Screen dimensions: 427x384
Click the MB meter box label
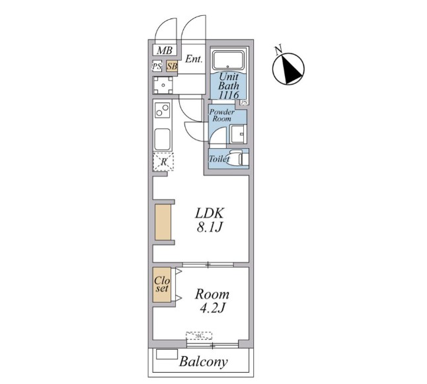165,50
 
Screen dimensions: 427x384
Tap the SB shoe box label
172,66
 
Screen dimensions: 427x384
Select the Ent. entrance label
194,59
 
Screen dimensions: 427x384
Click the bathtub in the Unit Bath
228,60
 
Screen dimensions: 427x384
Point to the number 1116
229,95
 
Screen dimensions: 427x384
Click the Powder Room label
221,115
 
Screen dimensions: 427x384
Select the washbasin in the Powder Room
238,134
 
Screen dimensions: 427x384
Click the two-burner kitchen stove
163,110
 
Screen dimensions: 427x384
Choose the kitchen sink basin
163,139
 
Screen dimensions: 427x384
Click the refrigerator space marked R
163,162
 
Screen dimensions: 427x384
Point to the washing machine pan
163,85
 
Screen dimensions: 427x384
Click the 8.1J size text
209,227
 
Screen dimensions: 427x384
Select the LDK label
210,213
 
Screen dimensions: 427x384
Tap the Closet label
162,284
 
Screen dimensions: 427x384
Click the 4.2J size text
212,308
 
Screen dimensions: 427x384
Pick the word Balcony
204,362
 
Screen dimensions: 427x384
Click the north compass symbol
289,69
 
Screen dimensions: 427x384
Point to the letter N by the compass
278,50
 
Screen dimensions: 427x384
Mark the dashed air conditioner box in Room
199,336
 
